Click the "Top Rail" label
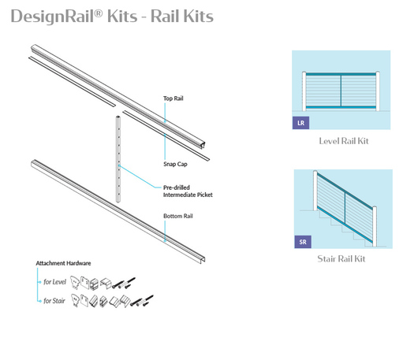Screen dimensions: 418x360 click(x=174, y=98)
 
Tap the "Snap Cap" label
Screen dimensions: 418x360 click(x=175, y=164)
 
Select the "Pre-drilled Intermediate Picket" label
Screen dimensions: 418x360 click(x=188, y=191)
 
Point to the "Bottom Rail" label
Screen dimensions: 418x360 click(x=178, y=216)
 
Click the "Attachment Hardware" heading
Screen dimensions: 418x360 click(x=63, y=263)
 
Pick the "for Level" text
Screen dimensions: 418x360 click(x=54, y=282)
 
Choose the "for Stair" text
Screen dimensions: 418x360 click(x=54, y=301)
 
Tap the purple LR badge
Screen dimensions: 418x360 click(x=300, y=123)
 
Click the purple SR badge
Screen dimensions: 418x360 click(x=303, y=242)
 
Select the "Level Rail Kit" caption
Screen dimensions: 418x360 click(x=344, y=141)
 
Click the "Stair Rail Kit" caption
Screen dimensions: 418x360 click(x=341, y=258)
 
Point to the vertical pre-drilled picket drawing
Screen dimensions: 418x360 click(x=118, y=159)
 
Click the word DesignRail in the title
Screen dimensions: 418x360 click(x=52, y=17)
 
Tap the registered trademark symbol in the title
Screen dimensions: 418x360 click(x=99, y=13)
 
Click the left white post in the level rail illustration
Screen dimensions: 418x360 click(x=304, y=91)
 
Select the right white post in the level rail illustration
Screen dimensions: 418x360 click(x=378, y=91)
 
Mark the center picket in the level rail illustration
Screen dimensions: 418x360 click(x=341, y=91)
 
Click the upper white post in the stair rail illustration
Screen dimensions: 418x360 click(x=315, y=191)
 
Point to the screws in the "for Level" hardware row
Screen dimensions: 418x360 click(x=124, y=283)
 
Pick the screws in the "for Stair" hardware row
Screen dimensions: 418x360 click(x=142, y=300)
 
